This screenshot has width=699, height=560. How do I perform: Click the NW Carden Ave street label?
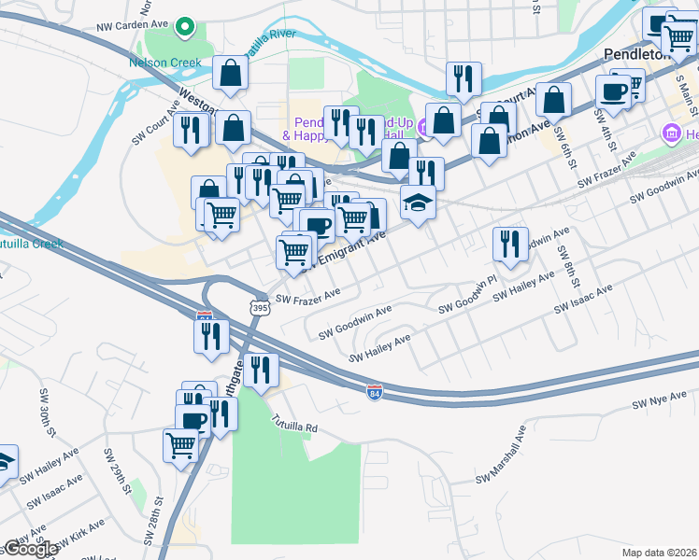[136, 26]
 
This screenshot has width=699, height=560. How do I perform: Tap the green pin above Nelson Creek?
[185, 27]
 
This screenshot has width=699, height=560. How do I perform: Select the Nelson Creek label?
[160, 63]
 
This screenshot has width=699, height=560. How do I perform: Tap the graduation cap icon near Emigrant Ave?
[417, 203]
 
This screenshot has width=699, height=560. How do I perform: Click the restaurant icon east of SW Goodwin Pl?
[510, 245]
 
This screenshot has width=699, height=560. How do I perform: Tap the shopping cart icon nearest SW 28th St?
[180, 444]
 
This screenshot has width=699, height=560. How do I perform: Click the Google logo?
[30, 548]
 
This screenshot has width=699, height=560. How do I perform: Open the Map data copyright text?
[660, 552]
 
